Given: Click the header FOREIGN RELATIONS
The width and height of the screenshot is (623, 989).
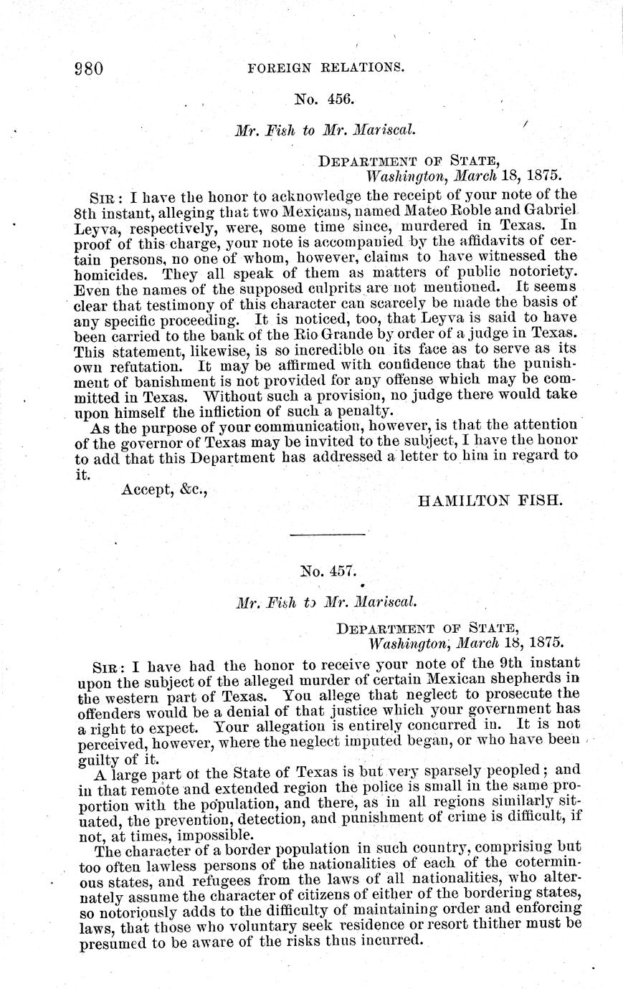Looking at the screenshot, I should point(325,69).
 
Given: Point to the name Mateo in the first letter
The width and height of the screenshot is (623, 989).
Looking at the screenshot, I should point(383,212).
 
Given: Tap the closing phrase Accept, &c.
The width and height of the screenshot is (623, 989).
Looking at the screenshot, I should point(164,489).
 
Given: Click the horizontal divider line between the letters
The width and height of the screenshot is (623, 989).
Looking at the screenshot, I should point(327,535).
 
